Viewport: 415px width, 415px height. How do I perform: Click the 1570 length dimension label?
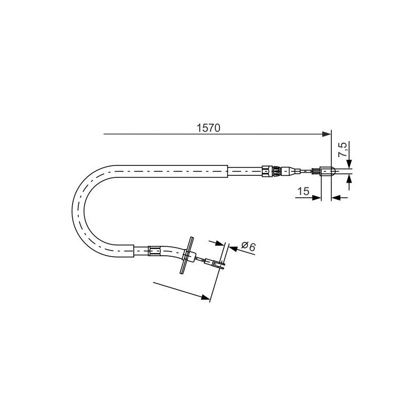click(209, 128)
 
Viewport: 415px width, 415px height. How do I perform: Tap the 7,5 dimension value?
click(342, 149)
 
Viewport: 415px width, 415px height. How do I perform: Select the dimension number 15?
click(303, 191)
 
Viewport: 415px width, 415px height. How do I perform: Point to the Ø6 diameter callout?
click(248, 246)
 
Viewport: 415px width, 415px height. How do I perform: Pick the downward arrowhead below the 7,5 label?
click(350, 163)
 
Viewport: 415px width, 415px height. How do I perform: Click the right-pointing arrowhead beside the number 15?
click(316, 198)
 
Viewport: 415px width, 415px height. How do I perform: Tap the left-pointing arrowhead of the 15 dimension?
click(336, 198)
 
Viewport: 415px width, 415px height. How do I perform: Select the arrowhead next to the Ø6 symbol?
click(233, 248)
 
